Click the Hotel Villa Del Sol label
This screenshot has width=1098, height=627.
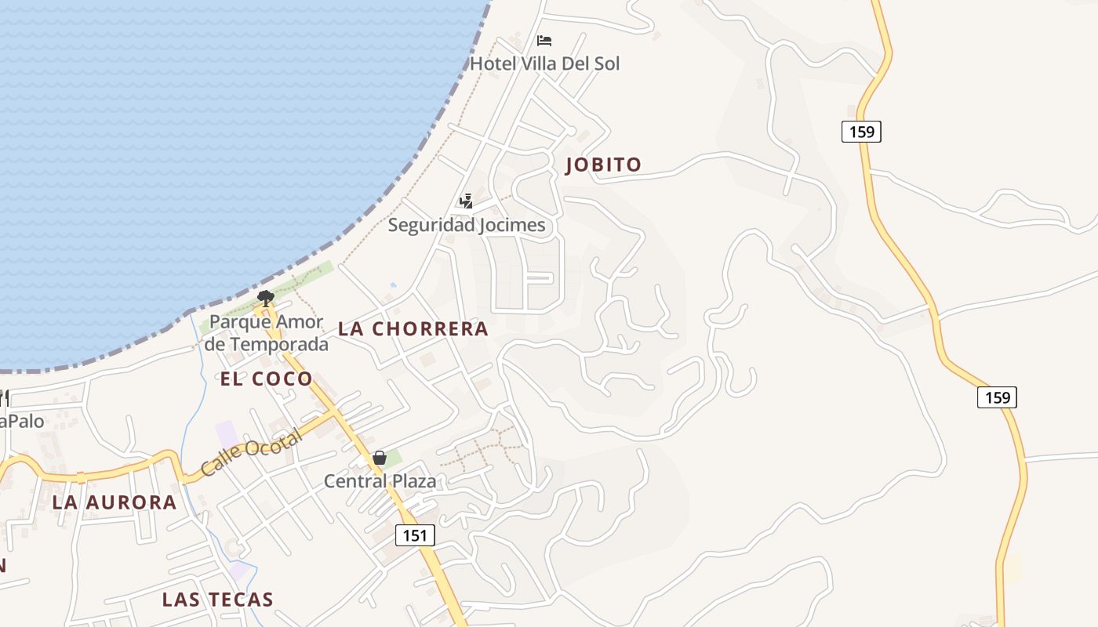pos(544,63)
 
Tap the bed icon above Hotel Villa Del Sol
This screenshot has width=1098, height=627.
pos(544,41)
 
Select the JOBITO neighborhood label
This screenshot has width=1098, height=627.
pos(604,165)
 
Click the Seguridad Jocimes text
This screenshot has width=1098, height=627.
pos(467,226)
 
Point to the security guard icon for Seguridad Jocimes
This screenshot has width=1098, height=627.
pos(467,201)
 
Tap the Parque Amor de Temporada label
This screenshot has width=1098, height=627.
pos(267,333)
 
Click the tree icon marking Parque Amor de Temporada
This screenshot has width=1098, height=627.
pos(266,299)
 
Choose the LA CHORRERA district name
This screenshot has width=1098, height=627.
pos(413,329)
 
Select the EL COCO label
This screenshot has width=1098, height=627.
pos(266,379)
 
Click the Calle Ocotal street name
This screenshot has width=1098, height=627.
pos(251,453)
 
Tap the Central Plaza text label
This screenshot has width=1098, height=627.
pos(380,481)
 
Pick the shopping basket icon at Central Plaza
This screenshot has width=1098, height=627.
pos(380,458)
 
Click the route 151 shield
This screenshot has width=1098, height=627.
pos(415,535)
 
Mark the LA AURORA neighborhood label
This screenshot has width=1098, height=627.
pos(115,503)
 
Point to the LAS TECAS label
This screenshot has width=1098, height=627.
pos(217,600)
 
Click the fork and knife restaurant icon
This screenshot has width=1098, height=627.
pos(4,399)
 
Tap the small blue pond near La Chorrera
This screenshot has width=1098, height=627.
pos(393,285)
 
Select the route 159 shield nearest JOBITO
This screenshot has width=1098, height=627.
pos(861,132)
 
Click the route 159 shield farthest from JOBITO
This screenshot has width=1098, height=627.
pos(997,397)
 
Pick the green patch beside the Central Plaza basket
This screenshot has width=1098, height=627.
pos(394,457)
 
